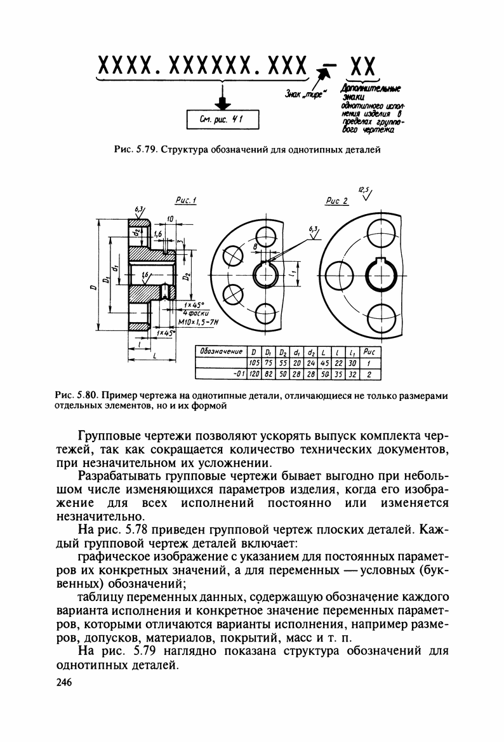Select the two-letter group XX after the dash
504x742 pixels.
pyautogui.click(x=360, y=66)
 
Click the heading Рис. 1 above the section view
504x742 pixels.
pyautogui.click(x=185, y=201)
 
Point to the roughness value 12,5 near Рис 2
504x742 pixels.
pyautogui.click(x=363, y=189)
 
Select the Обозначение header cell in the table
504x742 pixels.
pyautogui.click(x=222, y=351)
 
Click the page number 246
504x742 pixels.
pyautogui.click(x=65, y=682)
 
